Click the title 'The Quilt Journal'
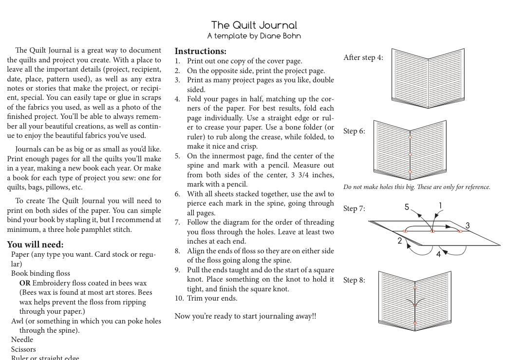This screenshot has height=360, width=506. tap(254, 25)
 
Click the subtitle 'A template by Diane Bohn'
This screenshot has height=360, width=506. tap(254, 36)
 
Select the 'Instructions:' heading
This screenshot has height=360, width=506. tap(200, 51)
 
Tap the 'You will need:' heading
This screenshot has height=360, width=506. tap(35, 245)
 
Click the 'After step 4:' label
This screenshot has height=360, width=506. tap(363, 57)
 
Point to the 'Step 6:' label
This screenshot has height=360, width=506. tap(354, 131)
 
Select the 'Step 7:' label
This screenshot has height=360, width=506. tap(354, 208)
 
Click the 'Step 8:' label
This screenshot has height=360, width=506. tap(354, 280)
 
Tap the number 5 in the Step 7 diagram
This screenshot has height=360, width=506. tap(407, 208)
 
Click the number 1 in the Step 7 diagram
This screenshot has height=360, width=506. tap(440, 206)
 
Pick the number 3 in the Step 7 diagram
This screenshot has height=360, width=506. tap(468, 226)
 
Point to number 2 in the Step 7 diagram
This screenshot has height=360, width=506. tap(400, 241)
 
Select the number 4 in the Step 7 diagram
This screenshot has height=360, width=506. tap(438, 254)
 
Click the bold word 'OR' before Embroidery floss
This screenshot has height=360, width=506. tap(25, 283)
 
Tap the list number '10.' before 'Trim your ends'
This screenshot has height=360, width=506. tap(179, 298)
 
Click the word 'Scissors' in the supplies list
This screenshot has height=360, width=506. tap(23, 349)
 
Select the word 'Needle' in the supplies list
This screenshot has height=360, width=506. tap(22, 340)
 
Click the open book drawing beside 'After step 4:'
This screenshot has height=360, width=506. tap(428, 78)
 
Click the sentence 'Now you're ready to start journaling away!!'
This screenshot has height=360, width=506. tap(245, 316)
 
